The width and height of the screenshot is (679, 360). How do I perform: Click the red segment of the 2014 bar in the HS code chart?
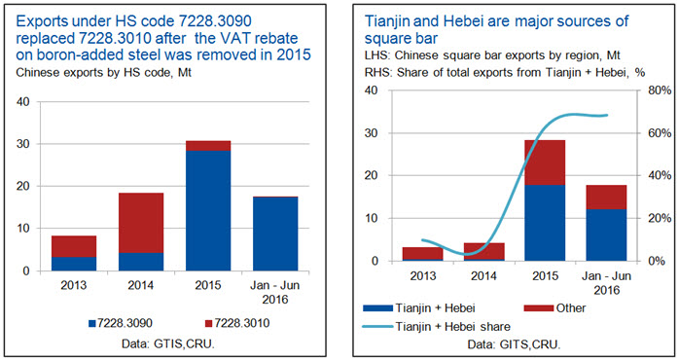pos(141,223)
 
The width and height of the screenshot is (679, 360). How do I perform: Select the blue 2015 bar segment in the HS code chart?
pos(208,210)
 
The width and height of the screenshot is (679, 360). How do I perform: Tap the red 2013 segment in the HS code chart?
pos(74,246)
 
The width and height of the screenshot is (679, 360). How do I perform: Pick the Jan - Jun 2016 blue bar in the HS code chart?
pos(275,234)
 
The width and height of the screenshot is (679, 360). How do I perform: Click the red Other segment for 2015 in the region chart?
pos(545,162)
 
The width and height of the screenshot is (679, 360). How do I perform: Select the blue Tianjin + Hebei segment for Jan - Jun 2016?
pos(606,234)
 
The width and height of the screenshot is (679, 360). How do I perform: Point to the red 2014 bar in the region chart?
pos(483,251)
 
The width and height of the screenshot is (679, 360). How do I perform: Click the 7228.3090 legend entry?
pos(121,323)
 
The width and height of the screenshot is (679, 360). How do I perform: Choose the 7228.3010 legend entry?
pos(237,323)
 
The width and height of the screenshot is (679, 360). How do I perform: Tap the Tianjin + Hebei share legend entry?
pos(437,327)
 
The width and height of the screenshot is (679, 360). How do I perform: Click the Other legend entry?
pos(554,308)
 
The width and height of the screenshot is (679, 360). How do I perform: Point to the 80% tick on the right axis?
pos(660,90)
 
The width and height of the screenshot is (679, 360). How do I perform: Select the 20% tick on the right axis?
pos(660,218)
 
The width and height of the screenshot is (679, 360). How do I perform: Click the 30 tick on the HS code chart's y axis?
pos(23,144)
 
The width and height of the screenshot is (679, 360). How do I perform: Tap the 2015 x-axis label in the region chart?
pos(545,276)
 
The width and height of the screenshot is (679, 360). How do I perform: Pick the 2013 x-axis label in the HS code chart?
pos(74,285)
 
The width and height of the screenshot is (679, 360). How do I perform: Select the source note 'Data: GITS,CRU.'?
pos(514,344)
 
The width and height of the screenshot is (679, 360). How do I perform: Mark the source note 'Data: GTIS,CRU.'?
pos(168,344)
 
